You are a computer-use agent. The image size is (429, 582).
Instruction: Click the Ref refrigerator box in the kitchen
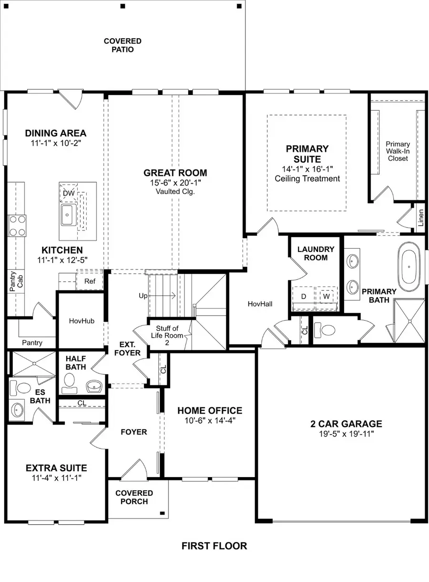pos(90,281)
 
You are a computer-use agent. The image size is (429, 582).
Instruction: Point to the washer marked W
pos(327,296)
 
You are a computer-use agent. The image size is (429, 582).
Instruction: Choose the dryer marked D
pos(304,296)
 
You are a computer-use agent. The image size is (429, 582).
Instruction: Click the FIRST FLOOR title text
pos(214,546)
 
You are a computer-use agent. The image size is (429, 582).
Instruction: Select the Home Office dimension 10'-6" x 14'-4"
pos(210,420)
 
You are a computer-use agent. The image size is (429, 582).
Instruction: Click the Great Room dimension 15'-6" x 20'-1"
pos(175,183)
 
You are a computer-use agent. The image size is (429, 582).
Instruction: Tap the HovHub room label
pos(81,321)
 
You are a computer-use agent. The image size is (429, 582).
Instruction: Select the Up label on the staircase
pos(143,296)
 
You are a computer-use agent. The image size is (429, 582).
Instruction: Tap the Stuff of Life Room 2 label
pos(167,332)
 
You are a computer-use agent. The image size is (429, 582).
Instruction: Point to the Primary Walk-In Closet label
pos(398,151)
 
